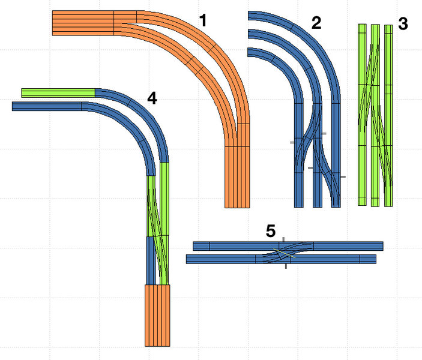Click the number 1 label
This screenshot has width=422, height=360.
pyautogui.click(x=203, y=22)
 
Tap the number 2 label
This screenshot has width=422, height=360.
pyautogui.click(x=316, y=23)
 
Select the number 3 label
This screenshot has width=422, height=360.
pyautogui.click(x=403, y=24)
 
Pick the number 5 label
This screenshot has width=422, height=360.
pyautogui.click(x=271, y=230)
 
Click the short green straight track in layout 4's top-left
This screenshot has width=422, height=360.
pyautogui.click(x=58, y=92)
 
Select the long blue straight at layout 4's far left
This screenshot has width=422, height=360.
pyautogui.click(x=47, y=106)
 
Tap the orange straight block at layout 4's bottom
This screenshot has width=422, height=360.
pyautogui.click(x=158, y=315)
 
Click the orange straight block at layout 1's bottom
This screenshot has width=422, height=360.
pyautogui.click(x=237, y=177)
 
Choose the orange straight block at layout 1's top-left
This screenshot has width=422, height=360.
pyautogui.click(x=83, y=23)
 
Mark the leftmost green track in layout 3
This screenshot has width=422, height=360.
pyautogui.click(x=362, y=114)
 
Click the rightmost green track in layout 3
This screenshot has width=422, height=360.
pyautogui.click(x=388, y=114)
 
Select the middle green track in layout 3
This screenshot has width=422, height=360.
pyautogui.click(x=375, y=114)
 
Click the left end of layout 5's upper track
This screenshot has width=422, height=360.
pyautogui.click(x=194, y=245)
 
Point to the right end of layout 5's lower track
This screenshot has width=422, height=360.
pyautogui.click(x=374, y=259)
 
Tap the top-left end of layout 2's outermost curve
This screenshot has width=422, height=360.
pyautogui.click(x=250, y=15)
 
